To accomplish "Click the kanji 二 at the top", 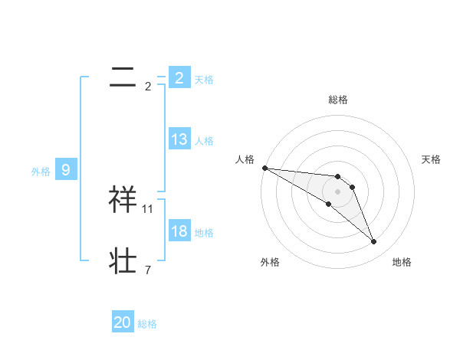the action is click(122, 77).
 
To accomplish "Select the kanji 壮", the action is click(123, 260).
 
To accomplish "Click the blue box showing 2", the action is click(179, 77).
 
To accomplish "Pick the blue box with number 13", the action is click(179, 139).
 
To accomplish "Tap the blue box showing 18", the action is click(179, 231).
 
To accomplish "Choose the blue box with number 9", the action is click(66, 170).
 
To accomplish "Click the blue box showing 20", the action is click(123, 322).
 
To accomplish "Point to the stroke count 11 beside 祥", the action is click(148, 208).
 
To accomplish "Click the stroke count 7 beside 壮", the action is click(148, 270).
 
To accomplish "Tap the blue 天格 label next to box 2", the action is click(204, 79).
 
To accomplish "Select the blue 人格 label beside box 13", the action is click(204, 141).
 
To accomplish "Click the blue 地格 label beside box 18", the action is click(204, 233).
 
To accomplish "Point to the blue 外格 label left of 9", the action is click(41, 172).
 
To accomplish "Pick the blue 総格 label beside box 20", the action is click(147, 324).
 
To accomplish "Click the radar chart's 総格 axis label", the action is click(338, 100).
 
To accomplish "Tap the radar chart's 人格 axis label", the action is click(245, 159).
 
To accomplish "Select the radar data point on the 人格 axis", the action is click(264, 168).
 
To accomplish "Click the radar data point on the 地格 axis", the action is click(374, 242).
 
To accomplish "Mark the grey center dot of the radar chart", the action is click(338, 191).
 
